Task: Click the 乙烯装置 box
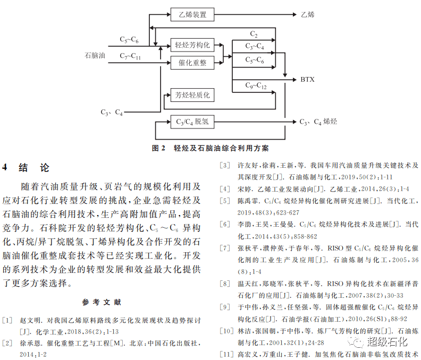(192, 14)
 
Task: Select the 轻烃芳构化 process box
(192, 44)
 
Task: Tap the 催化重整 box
(192, 63)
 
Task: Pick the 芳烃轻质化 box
(192, 96)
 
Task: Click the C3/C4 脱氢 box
(192, 122)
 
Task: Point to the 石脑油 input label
(95, 54)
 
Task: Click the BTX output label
(307, 80)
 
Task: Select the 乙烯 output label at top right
(307, 14)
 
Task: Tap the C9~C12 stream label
(256, 85)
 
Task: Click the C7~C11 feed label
(130, 56)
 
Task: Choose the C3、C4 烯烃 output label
(318, 122)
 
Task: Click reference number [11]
(226, 354)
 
